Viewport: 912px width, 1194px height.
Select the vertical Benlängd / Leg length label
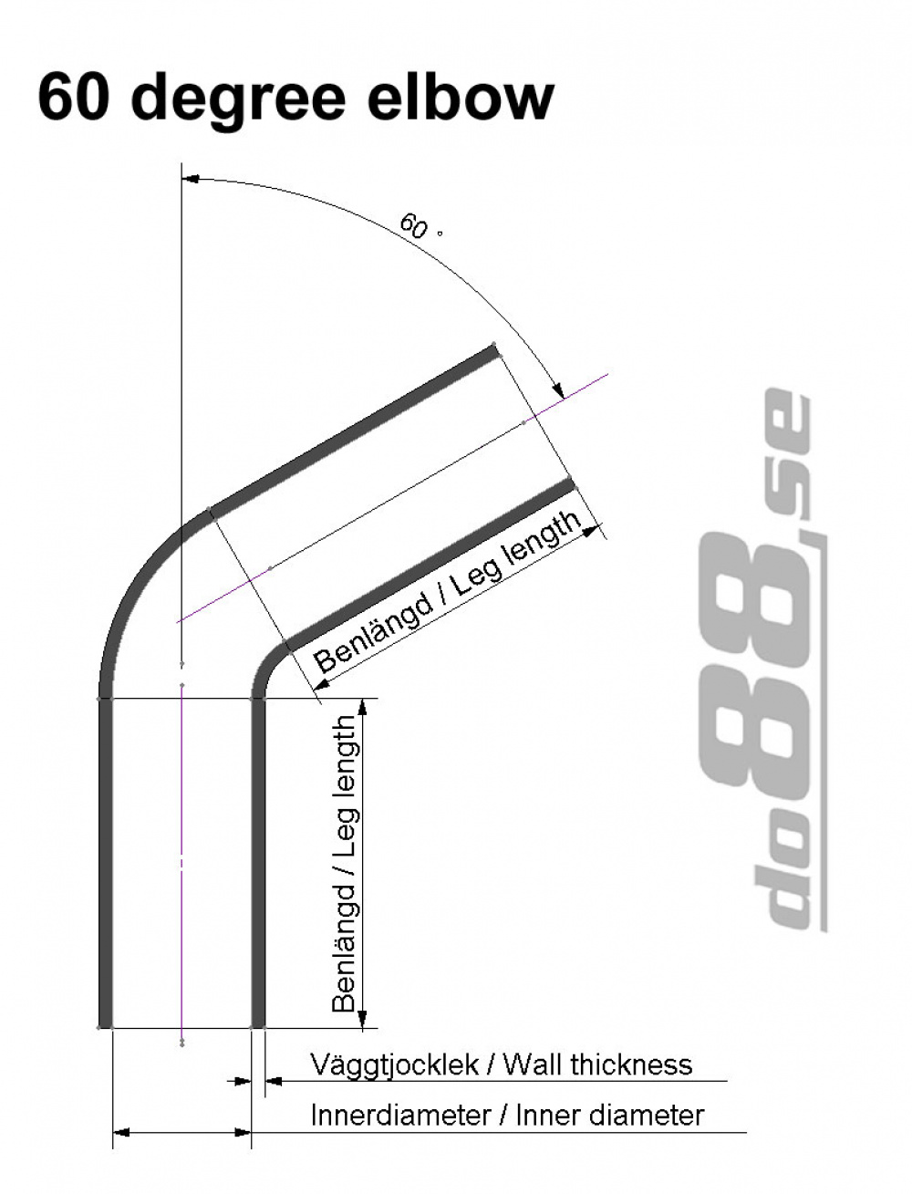tap(345, 863)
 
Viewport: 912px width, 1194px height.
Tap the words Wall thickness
tap(597, 1064)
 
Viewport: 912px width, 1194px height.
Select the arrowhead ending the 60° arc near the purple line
tap(557, 388)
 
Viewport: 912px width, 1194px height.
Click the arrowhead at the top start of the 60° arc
tap(191, 180)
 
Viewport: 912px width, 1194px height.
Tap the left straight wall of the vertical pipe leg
tap(105, 867)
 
